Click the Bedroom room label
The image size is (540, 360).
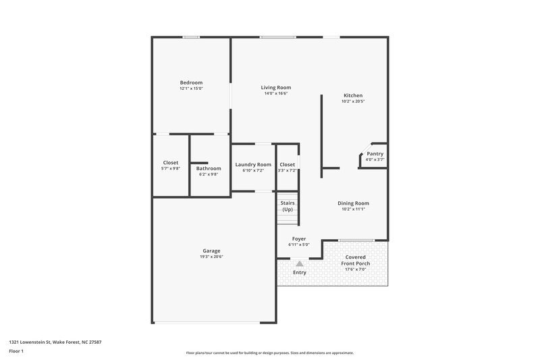[x=191, y=82]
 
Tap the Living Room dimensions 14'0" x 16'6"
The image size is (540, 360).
[x=276, y=94]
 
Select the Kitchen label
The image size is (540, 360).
[x=353, y=96]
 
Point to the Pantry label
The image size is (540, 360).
[x=375, y=154]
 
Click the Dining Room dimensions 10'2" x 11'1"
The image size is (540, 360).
[x=353, y=209]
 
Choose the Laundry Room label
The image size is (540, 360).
[x=253, y=165]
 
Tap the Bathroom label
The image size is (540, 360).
[x=209, y=168]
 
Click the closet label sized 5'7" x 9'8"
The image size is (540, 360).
[x=171, y=163]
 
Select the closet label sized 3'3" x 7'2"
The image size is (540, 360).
[x=287, y=165]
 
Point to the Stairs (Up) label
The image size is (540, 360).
[x=287, y=206]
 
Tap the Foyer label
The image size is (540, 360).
[x=299, y=239]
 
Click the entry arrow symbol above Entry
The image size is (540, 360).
[x=300, y=264]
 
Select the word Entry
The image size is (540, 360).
[x=300, y=273]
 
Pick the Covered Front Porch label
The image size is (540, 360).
[x=355, y=260]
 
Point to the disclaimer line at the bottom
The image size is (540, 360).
[x=269, y=353]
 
